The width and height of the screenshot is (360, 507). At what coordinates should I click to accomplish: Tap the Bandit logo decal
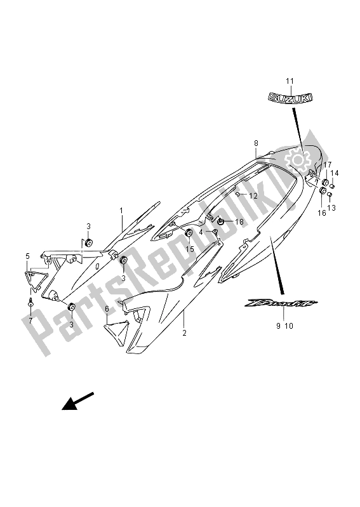pyautogui.click(x=281, y=303)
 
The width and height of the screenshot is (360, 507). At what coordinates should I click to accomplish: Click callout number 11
pyautogui.click(x=290, y=81)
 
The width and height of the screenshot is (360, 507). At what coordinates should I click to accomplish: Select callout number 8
pyautogui.click(x=256, y=143)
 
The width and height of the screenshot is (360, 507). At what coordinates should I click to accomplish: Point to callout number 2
pyautogui.click(x=184, y=333)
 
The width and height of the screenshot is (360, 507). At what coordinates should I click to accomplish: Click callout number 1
pyautogui.click(x=121, y=211)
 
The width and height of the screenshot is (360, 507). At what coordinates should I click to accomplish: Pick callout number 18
pyautogui.click(x=239, y=222)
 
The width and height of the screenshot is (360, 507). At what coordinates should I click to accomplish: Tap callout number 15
pyautogui.click(x=190, y=249)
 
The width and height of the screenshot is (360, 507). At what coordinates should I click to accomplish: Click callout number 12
pyautogui.click(x=253, y=195)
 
